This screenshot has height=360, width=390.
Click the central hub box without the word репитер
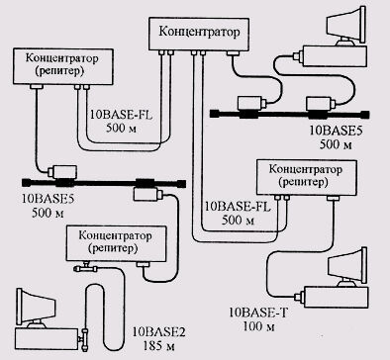click(199, 34)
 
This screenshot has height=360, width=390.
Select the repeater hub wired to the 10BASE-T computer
click(307, 177)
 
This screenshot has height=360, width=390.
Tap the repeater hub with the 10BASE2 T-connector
click(116, 243)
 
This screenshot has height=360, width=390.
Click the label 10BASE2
click(158, 332)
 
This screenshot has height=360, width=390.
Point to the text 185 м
click(158, 346)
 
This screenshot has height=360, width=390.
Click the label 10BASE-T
click(258, 313)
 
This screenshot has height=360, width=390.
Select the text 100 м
click(258, 326)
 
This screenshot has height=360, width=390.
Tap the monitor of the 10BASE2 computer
click(37, 308)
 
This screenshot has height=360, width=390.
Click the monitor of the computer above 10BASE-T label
click(347, 267)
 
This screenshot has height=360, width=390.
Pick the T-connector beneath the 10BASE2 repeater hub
click(85, 268)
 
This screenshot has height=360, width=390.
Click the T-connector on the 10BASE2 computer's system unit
click(84, 337)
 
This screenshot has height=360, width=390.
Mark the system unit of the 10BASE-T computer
click(336, 298)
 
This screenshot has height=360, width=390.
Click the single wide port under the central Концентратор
click(233, 53)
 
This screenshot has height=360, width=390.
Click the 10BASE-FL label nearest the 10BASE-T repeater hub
click(238, 207)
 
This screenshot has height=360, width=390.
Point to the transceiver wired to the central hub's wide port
click(251, 103)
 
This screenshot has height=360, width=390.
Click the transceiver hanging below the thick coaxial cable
click(148, 194)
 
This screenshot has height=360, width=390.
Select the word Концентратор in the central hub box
click(199, 32)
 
